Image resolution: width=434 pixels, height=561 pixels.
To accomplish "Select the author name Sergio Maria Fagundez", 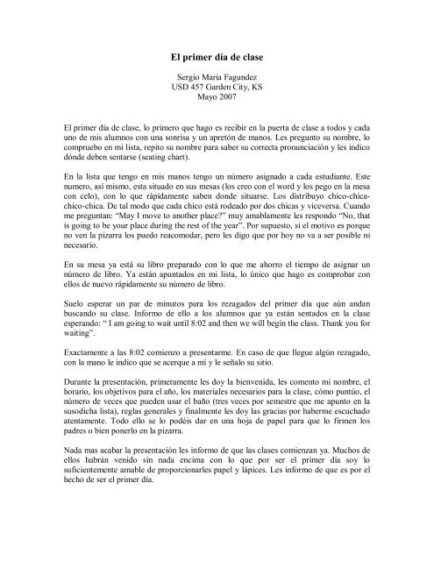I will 217,79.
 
